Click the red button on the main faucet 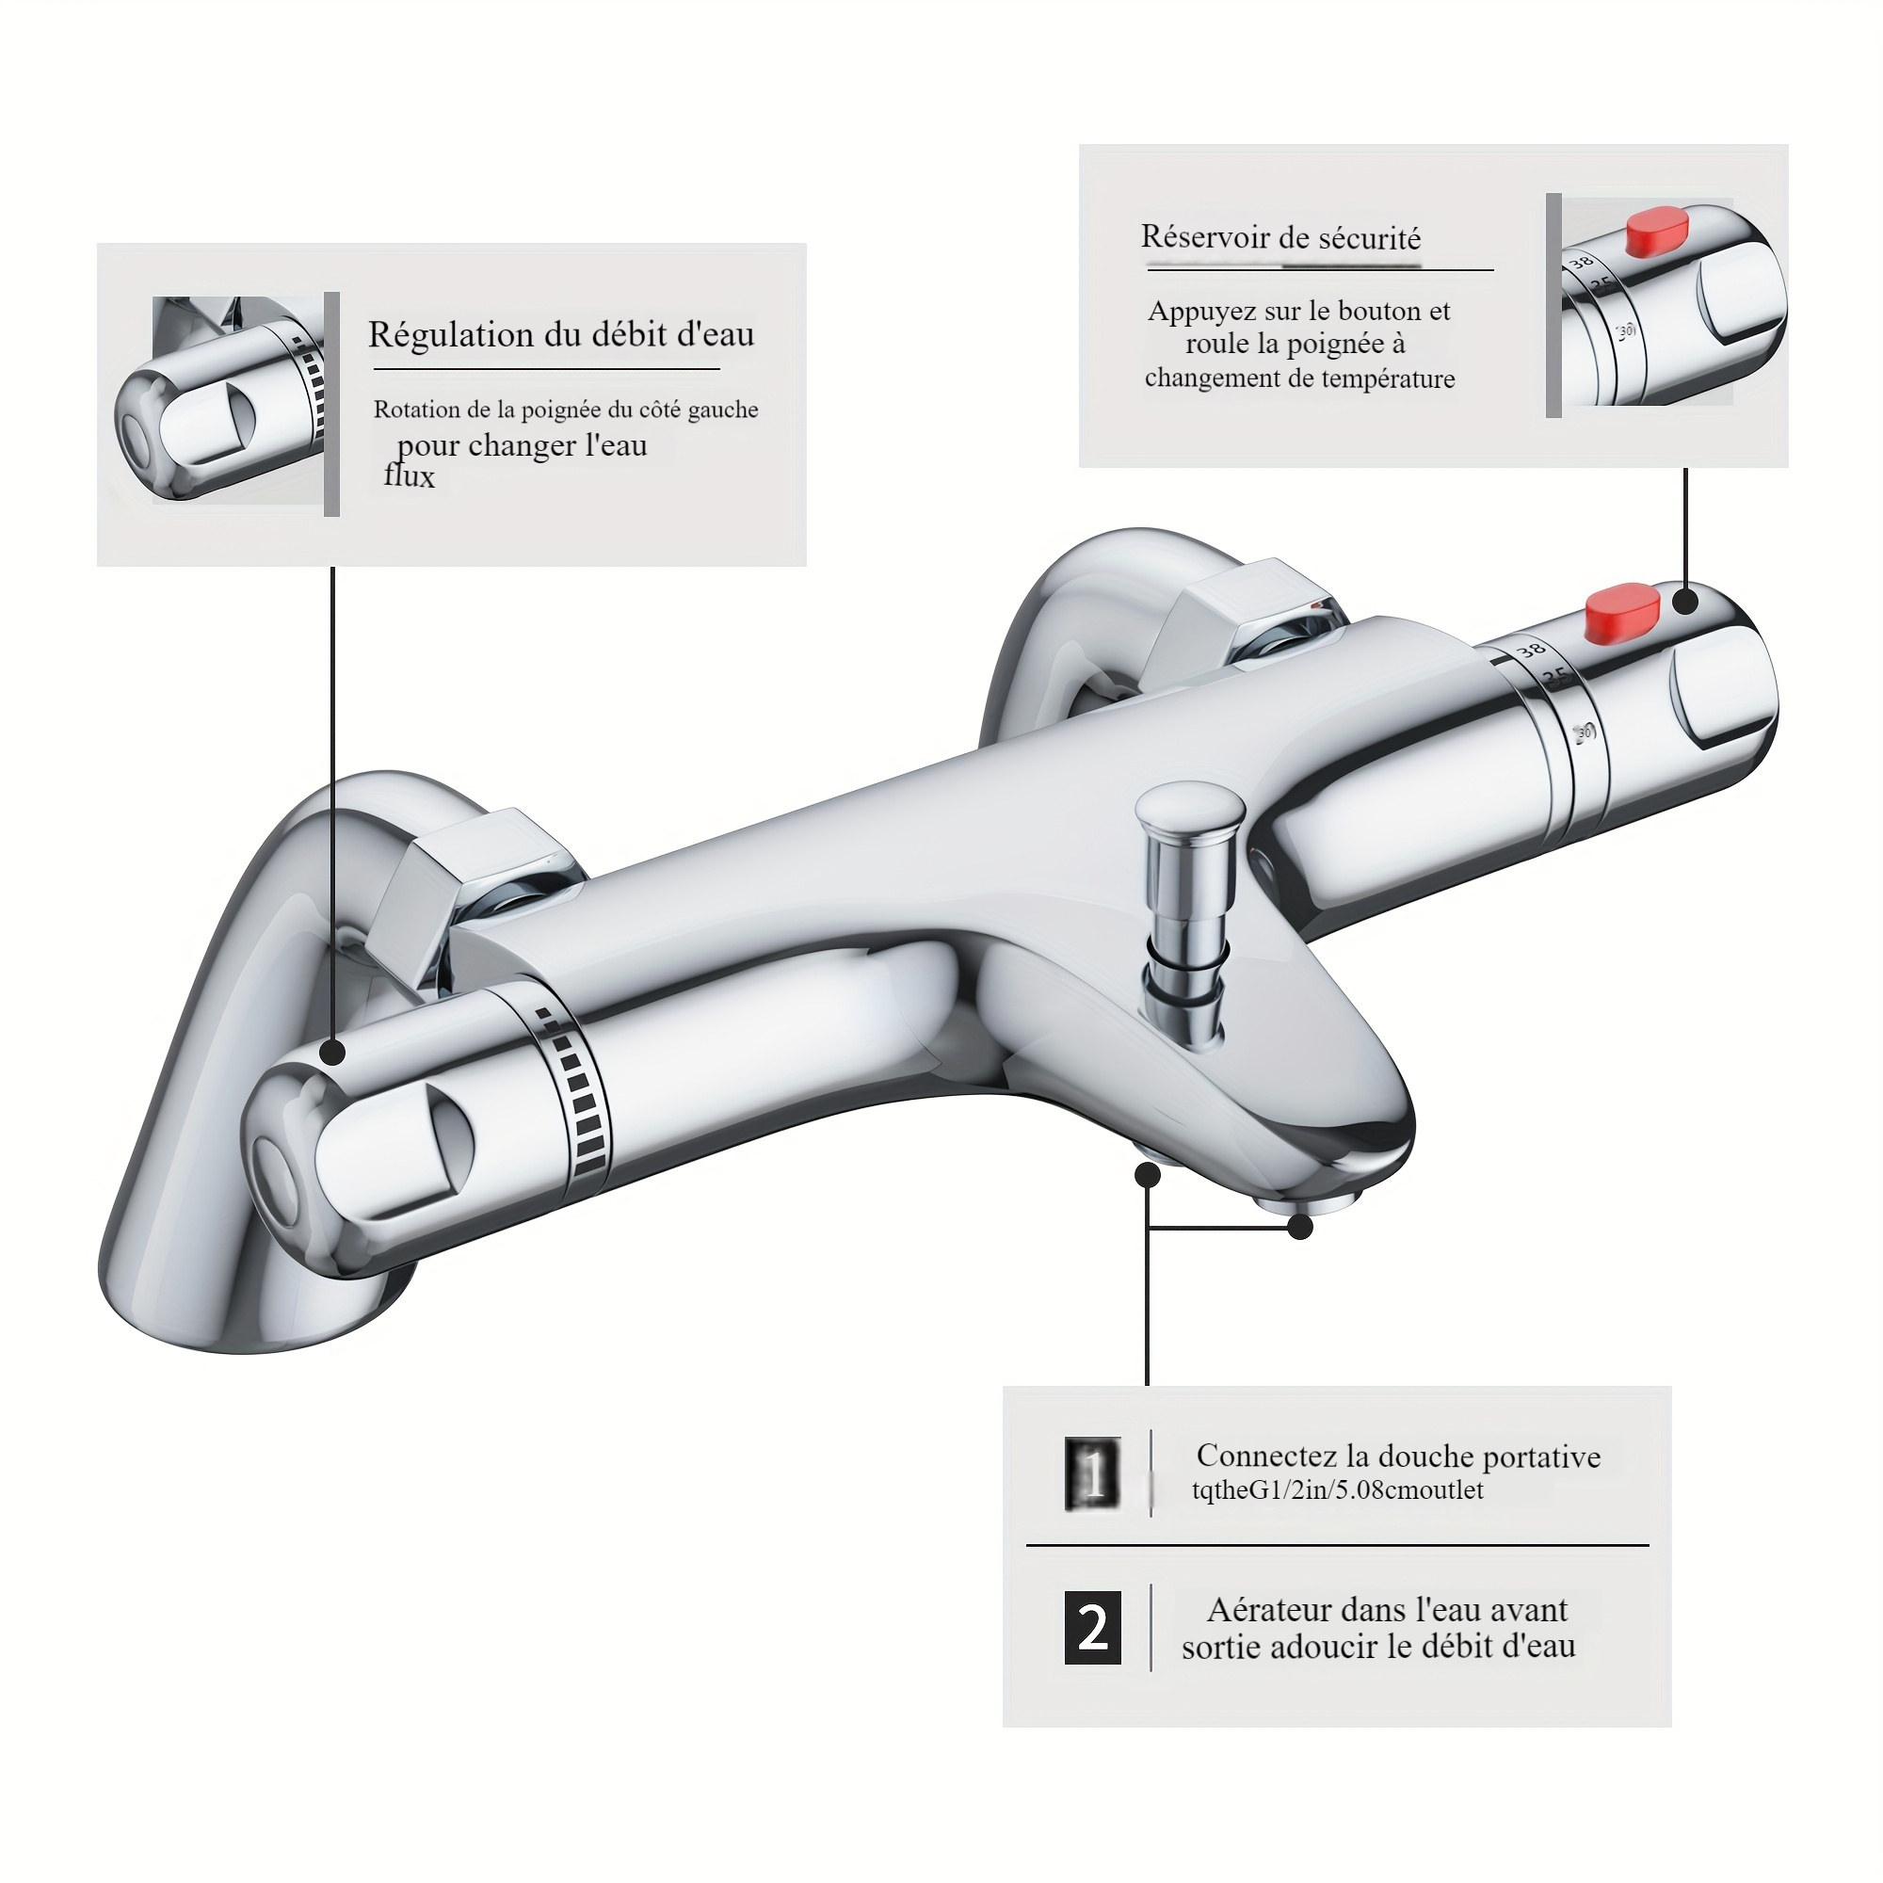tap(1622, 613)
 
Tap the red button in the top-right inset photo tap(1656, 233)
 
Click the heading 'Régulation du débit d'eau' tap(561, 334)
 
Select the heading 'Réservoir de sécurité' tap(1280, 237)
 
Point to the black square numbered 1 tap(1092, 1474)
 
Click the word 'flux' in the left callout tap(410, 475)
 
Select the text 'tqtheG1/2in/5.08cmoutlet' tap(1338, 1490)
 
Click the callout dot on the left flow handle tap(333, 1052)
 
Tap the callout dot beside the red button tap(1686, 602)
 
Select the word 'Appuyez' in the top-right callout tap(1205, 312)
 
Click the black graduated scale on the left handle tap(580, 1097)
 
